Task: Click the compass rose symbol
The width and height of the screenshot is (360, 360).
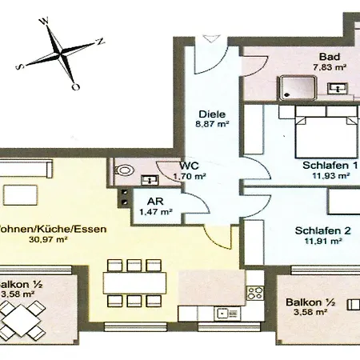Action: tap(62, 54)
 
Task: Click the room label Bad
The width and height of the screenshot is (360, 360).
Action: tap(327, 58)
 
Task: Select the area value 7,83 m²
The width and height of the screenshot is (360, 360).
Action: tap(328, 68)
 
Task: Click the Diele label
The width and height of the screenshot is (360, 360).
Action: tap(208, 114)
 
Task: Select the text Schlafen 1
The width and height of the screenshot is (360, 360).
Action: tap(330, 166)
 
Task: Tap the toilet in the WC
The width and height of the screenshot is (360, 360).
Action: tap(122, 170)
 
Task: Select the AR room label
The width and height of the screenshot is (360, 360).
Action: tap(152, 202)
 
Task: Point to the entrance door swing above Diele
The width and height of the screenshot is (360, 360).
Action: tap(209, 39)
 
